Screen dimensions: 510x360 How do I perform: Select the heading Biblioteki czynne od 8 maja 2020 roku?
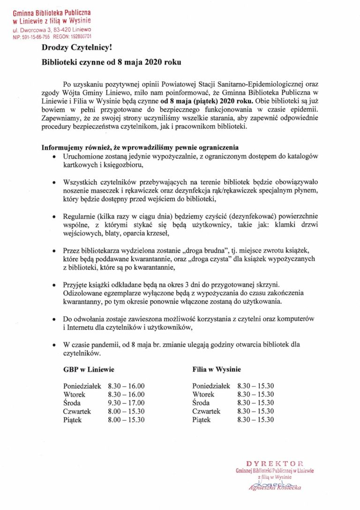pyautogui.click(x=111, y=62)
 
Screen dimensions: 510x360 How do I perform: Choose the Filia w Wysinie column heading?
pyautogui.click(x=217, y=370)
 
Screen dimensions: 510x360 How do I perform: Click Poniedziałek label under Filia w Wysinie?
pyautogui.click(x=211, y=386)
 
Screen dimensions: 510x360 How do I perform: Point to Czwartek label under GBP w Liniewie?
pyautogui.click(x=77, y=411)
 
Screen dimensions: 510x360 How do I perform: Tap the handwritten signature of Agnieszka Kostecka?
pyautogui.click(x=275, y=486)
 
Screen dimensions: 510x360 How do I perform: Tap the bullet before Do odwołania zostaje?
pyautogui.click(x=55, y=319)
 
